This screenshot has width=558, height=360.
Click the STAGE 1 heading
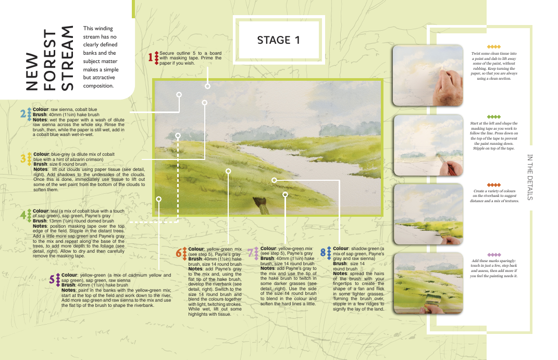tap(279, 40)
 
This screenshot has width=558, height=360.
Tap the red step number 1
tap(151, 57)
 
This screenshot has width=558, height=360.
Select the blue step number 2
tap(23, 114)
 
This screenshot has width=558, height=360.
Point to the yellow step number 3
tap(23, 158)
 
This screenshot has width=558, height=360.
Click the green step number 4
tap(23, 215)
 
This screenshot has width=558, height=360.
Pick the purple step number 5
tap(52, 279)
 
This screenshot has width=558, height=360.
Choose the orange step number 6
tap(179, 253)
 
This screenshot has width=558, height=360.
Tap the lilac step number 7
tap(251, 253)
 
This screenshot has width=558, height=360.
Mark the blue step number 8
tap(323, 253)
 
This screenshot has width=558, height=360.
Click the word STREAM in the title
tap(67, 58)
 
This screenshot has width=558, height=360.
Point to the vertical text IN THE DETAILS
tap(529, 177)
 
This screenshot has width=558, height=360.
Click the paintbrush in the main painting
tap(261, 205)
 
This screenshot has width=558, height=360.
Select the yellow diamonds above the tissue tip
tap(493, 47)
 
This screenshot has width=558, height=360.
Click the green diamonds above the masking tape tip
tap(493, 117)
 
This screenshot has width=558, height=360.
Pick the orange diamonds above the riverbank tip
tap(493, 185)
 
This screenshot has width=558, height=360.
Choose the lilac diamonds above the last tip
tap(493, 255)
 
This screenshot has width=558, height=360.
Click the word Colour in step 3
tap(41, 154)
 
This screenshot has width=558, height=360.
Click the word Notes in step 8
tap(340, 274)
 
